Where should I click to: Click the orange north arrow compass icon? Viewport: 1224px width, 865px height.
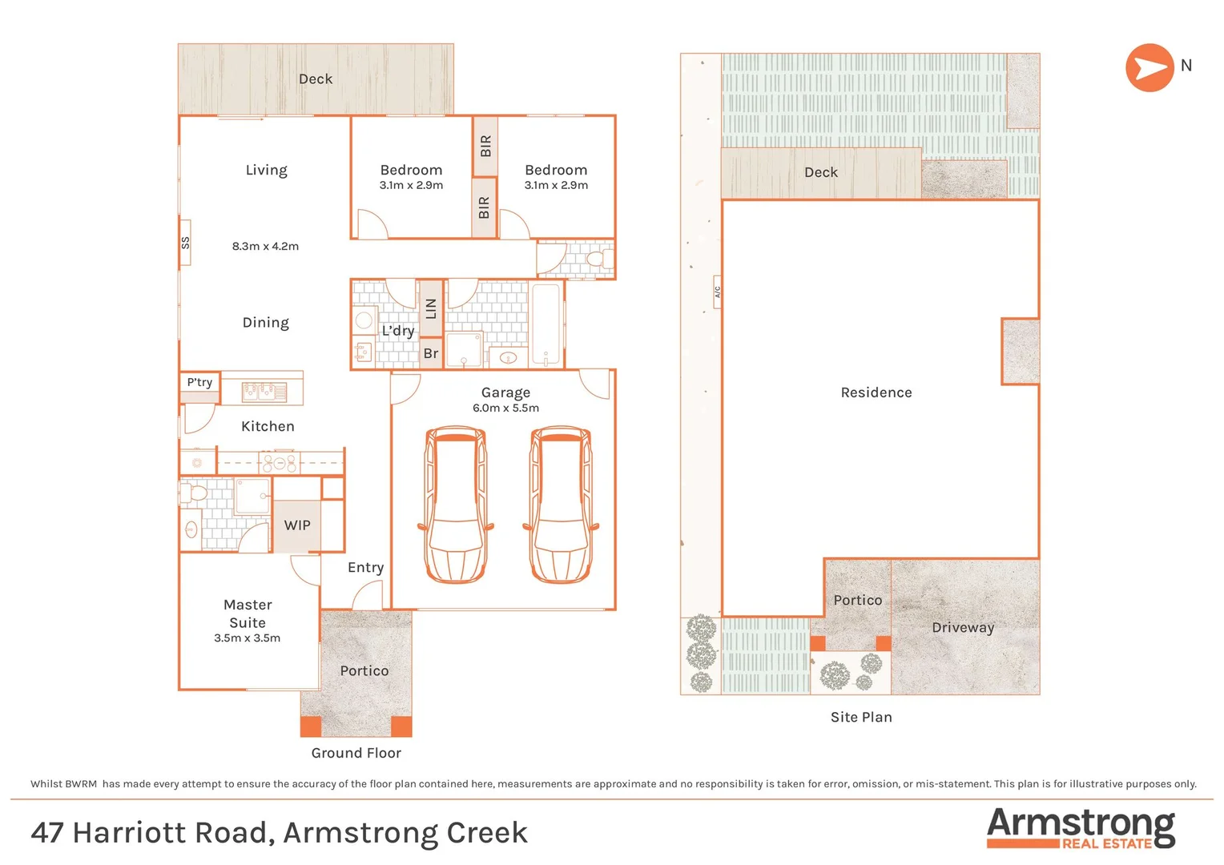tap(1150, 68)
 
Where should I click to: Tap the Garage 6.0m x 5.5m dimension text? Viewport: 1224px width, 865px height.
tap(505, 408)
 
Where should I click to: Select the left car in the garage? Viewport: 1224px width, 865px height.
tap(455, 505)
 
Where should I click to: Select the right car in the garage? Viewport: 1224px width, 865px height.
tap(561, 505)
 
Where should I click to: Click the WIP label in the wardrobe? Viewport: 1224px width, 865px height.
tap(297, 525)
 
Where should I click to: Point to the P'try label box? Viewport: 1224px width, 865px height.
tap(199, 382)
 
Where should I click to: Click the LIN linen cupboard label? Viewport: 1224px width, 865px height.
tap(431, 308)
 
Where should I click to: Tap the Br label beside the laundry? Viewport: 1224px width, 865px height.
tap(431, 353)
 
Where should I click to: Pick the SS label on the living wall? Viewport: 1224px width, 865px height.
tap(185, 242)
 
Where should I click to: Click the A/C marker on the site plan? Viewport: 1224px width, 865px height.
tap(717, 292)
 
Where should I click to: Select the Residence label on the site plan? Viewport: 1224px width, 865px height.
tap(876, 392)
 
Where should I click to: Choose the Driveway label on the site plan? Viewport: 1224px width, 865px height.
tap(963, 628)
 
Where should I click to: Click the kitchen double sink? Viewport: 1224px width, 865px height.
tap(264, 392)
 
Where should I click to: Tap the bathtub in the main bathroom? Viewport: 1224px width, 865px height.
tap(546, 324)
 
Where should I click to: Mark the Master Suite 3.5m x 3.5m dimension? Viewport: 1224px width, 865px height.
tap(247, 638)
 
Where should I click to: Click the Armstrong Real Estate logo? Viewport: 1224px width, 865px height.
tap(1081, 828)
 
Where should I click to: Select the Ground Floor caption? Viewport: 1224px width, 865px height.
tap(356, 753)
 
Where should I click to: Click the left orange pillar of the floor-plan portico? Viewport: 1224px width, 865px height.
tap(311, 726)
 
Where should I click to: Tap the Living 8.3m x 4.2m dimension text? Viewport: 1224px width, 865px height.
tap(265, 247)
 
